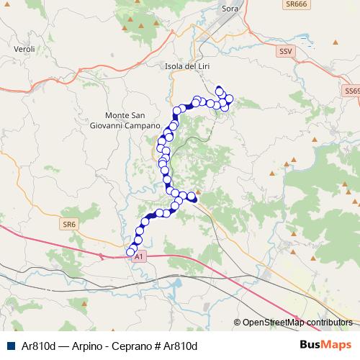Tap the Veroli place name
(x=24, y=49)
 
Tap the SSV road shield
(x=286, y=52)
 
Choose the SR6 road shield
(x=69, y=225)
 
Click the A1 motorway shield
(x=140, y=256)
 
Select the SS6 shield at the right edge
(x=352, y=91)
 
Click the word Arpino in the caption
(x=88, y=346)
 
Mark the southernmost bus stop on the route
(x=131, y=252)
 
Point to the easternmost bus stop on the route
(x=230, y=99)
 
